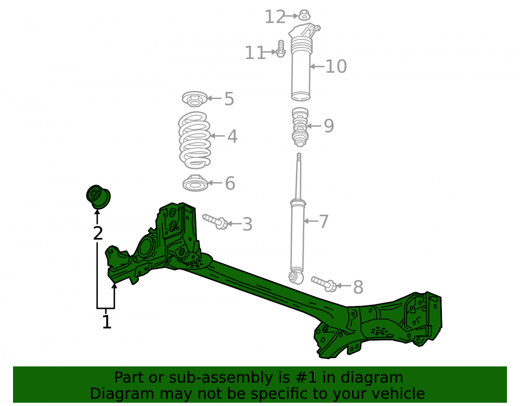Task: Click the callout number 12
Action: click(x=275, y=17)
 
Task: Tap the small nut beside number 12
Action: click(x=304, y=15)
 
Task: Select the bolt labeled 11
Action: click(x=281, y=49)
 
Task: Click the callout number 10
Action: click(x=336, y=67)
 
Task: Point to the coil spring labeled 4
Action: click(x=194, y=140)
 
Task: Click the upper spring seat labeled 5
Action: click(x=194, y=99)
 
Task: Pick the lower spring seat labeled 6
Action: click(x=196, y=183)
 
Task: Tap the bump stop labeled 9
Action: click(x=300, y=127)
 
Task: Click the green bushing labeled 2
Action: click(x=98, y=197)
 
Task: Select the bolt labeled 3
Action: click(x=215, y=221)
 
